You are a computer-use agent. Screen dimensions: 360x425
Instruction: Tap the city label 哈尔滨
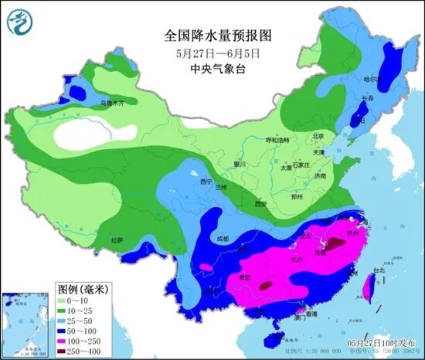373,79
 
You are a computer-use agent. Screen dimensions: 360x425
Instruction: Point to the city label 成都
223,239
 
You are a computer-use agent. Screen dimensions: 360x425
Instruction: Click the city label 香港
310,314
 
